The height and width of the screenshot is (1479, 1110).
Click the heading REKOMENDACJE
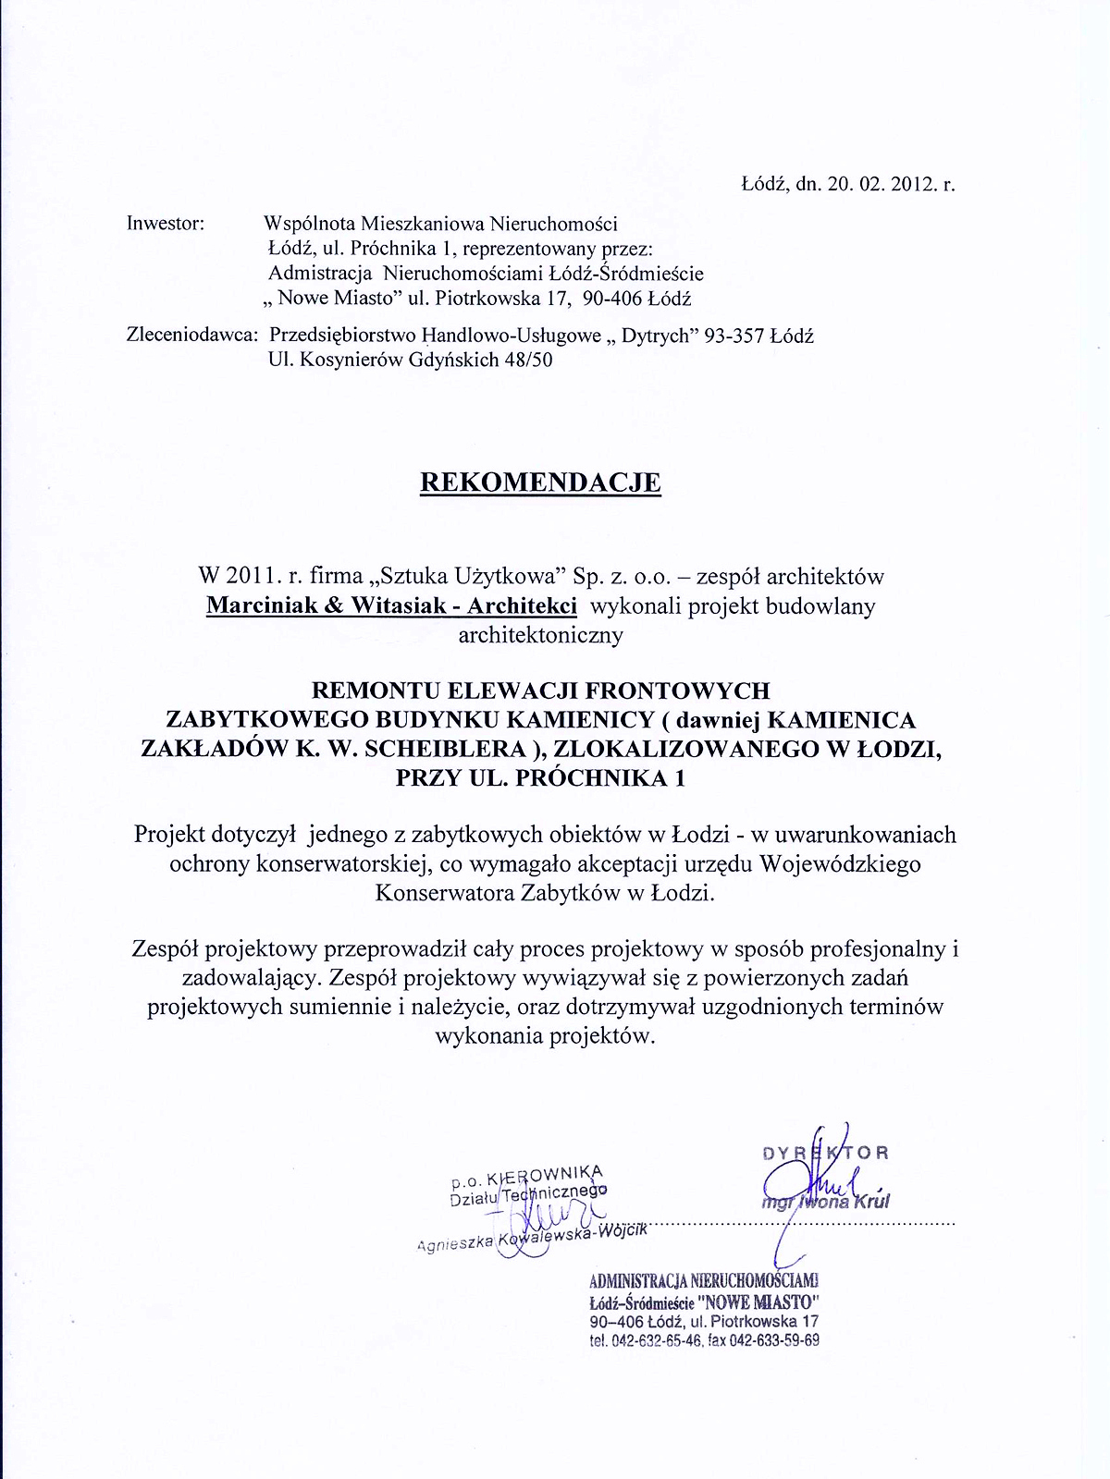(x=540, y=483)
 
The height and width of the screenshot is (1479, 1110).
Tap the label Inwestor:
(x=166, y=224)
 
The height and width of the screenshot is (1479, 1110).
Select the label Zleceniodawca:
(x=191, y=336)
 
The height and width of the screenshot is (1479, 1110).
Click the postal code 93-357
(x=734, y=336)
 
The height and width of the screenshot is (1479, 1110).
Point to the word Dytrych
(x=656, y=336)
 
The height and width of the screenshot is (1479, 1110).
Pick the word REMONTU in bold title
(x=376, y=691)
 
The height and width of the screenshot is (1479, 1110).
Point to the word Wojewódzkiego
(x=840, y=864)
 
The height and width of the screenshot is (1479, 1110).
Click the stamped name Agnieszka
(x=456, y=1243)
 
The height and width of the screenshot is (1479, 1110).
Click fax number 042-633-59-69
(x=774, y=1340)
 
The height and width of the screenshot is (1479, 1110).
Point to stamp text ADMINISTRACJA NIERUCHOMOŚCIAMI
(x=703, y=1281)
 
